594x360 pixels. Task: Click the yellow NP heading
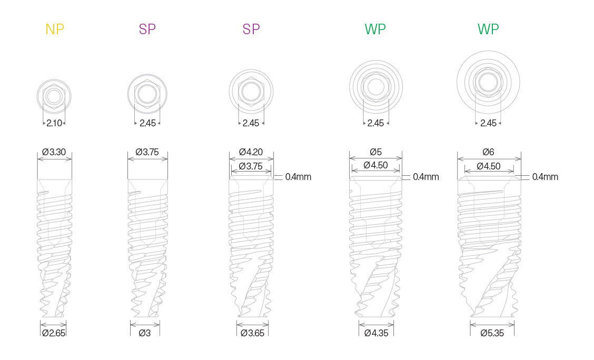pyautogui.click(x=55, y=29)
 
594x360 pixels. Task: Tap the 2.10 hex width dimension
pyautogui.click(x=54, y=123)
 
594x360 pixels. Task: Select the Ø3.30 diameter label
pyautogui.click(x=54, y=152)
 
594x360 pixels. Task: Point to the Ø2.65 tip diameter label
pyautogui.click(x=53, y=333)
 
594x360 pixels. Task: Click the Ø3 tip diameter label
pyautogui.click(x=145, y=333)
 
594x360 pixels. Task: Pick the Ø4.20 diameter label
pyautogui.click(x=251, y=152)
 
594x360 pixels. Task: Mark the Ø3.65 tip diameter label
pyautogui.click(x=252, y=333)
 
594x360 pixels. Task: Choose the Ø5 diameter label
pyautogui.click(x=375, y=152)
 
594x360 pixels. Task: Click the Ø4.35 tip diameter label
pyautogui.click(x=376, y=333)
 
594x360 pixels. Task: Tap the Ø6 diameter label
pyautogui.click(x=488, y=152)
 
